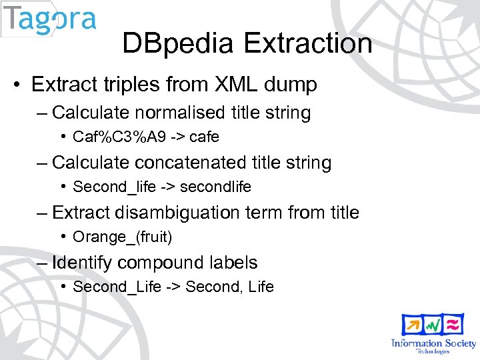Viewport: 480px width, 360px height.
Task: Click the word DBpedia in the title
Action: click(x=177, y=44)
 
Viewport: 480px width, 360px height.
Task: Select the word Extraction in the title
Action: click(x=308, y=44)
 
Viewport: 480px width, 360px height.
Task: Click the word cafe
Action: click(x=204, y=137)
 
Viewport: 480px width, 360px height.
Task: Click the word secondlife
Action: click(x=215, y=187)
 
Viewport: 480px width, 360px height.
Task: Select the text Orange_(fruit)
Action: click(x=117, y=237)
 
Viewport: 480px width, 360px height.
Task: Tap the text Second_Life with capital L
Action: click(x=107, y=287)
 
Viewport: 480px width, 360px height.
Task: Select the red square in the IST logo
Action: click(x=453, y=325)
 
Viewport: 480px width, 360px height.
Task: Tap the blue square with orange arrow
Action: click(x=412, y=325)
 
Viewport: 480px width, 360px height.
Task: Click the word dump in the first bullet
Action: click(x=291, y=85)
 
